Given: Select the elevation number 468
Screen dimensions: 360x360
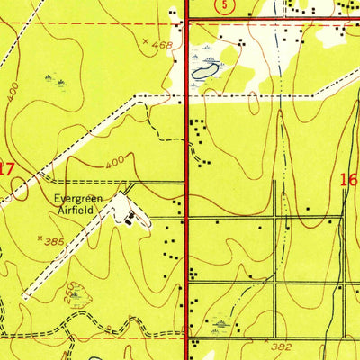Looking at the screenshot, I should (x=162, y=43).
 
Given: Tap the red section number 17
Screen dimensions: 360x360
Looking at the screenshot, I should (x=7, y=167).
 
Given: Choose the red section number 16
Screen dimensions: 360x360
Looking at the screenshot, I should (x=350, y=180).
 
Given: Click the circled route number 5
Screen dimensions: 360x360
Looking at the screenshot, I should (x=221, y=5).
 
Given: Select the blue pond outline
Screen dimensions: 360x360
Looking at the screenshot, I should (x=203, y=67).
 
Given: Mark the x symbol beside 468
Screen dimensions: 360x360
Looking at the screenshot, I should (x=146, y=41).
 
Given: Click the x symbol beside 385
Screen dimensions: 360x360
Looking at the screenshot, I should (x=41, y=239).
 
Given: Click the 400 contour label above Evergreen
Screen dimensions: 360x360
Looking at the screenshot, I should (x=113, y=165).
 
